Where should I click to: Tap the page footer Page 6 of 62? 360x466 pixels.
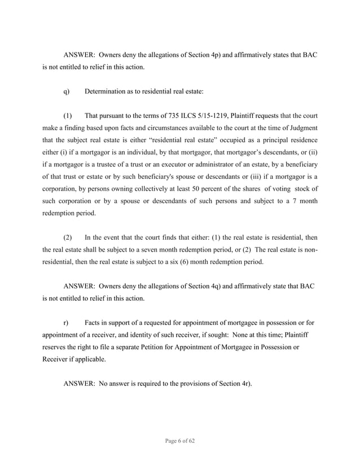click(x=179, y=442)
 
